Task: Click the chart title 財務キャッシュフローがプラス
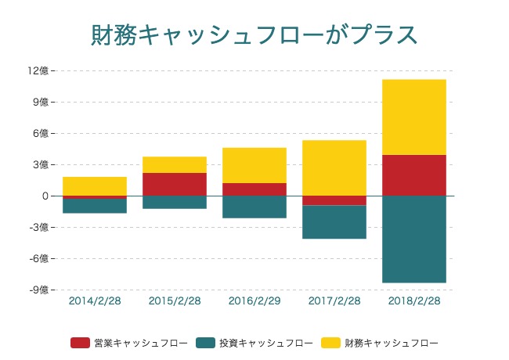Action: pyautogui.click(x=254, y=36)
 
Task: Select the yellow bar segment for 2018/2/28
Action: pyautogui.click(x=414, y=117)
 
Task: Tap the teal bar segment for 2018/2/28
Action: pyautogui.click(x=414, y=239)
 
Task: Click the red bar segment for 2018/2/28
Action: pyautogui.click(x=414, y=175)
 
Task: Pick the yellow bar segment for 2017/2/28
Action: pyautogui.click(x=334, y=167)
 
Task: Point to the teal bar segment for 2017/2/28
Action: pyautogui.click(x=334, y=221)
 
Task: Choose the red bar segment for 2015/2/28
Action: pyautogui.click(x=174, y=184)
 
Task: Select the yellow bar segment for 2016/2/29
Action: pyautogui.click(x=254, y=165)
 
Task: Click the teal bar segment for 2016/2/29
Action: pyautogui.click(x=254, y=207)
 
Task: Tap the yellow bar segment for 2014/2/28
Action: pyautogui.click(x=95, y=186)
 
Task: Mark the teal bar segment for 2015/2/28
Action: pyautogui.click(x=174, y=202)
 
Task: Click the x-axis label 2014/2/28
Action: pyautogui.click(x=95, y=301)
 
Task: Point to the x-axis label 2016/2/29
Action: pyautogui.click(x=254, y=301)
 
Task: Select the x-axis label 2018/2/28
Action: pyautogui.click(x=414, y=301)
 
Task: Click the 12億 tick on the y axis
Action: pyautogui.click(x=38, y=70)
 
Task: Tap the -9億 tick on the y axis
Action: pyautogui.click(x=38, y=290)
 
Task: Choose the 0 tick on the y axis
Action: pyautogui.click(x=45, y=196)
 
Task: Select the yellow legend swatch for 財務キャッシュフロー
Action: pyautogui.click(x=331, y=343)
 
